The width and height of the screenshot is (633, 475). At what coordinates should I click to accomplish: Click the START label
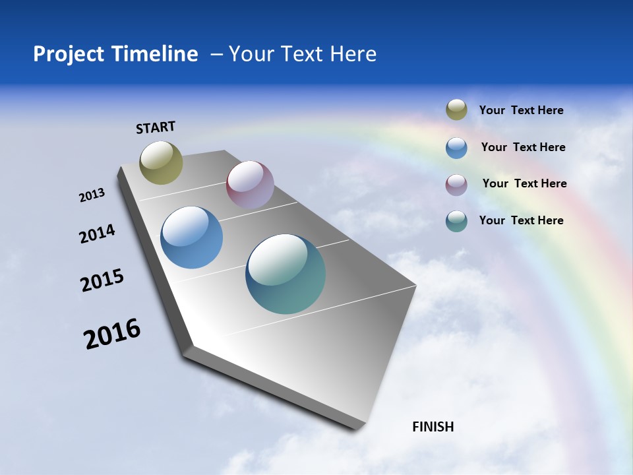tap(156, 127)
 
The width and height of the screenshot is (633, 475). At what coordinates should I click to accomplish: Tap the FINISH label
tap(433, 427)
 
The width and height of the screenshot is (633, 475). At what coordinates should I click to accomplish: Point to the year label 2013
tap(92, 195)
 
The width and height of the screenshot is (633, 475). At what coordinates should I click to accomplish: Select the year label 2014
tap(97, 234)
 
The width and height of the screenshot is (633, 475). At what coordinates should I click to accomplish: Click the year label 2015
tap(102, 280)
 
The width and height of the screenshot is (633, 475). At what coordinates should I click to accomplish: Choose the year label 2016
tap(112, 334)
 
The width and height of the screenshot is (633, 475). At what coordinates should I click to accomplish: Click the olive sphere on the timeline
tap(161, 162)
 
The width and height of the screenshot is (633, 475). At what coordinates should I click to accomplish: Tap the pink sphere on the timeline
tap(250, 185)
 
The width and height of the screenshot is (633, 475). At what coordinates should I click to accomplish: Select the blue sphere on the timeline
tap(191, 237)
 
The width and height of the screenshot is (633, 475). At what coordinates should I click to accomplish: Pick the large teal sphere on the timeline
tap(286, 274)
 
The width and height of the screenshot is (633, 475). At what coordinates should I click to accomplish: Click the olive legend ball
tap(456, 110)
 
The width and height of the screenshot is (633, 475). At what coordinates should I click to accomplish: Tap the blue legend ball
tap(456, 148)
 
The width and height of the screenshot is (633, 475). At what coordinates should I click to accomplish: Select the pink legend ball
tap(456, 185)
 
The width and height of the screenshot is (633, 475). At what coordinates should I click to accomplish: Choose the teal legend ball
tap(456, 221)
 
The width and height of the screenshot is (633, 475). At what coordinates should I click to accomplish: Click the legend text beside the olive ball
tap(521, 110)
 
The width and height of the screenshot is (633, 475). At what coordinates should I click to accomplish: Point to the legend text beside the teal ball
tap(521, 220)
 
